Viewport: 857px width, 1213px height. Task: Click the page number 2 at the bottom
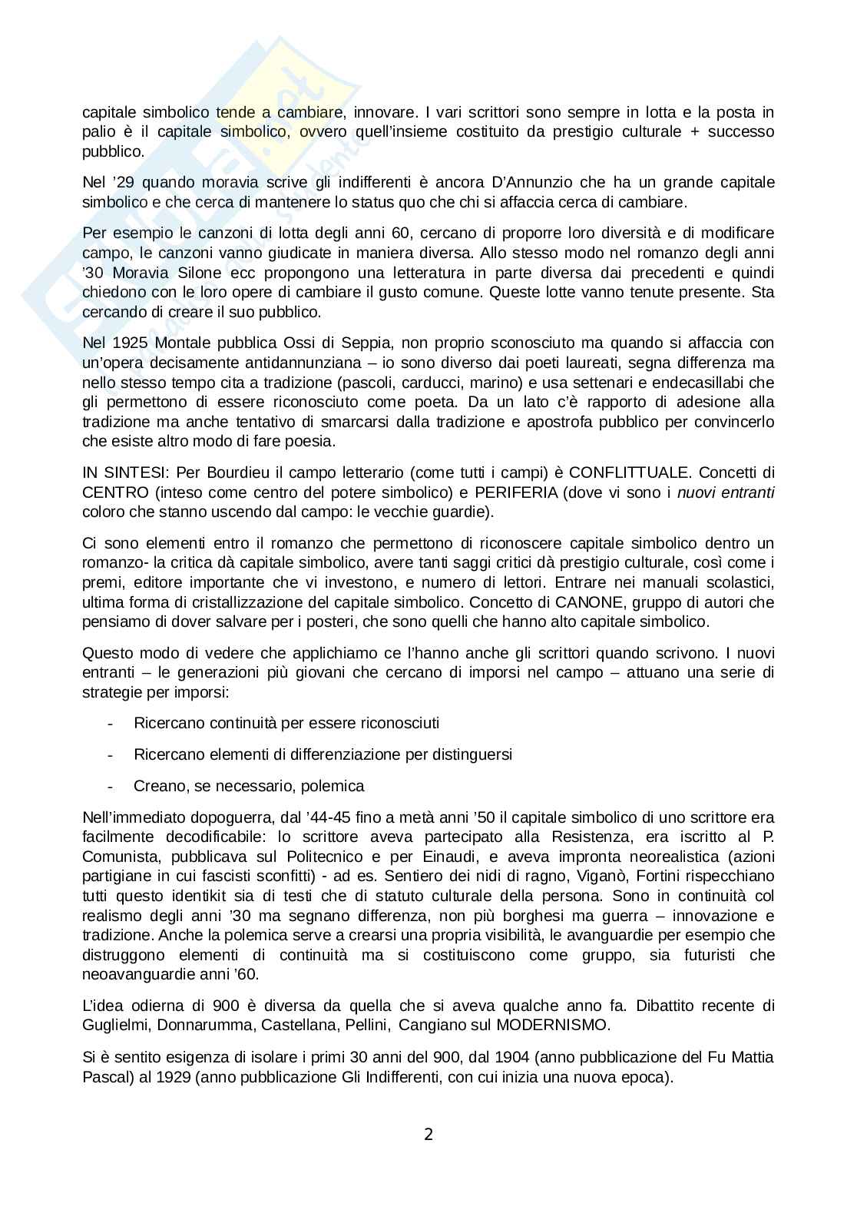point(428,1134)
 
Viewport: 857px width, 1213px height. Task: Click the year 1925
point(123,343)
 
